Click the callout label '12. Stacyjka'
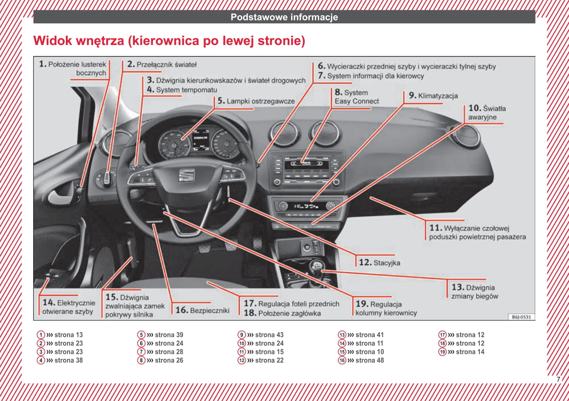click(x=379, y=263)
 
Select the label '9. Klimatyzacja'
click(x=433, y=96)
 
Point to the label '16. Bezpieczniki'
click(x=202, y=310)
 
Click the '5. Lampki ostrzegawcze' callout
click(x=256, y=101)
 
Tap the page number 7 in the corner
click(x=558, y=379)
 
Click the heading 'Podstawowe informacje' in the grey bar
click(x=284, y=17)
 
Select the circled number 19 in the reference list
click(x=442, y=352)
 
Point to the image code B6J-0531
click(x=521, y=317)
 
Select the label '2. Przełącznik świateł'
click(x=162, y=64)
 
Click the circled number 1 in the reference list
click(x=40, y=335)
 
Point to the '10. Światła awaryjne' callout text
click(x=487, y=112)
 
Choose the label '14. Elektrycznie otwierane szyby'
click(x=68, y=307)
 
